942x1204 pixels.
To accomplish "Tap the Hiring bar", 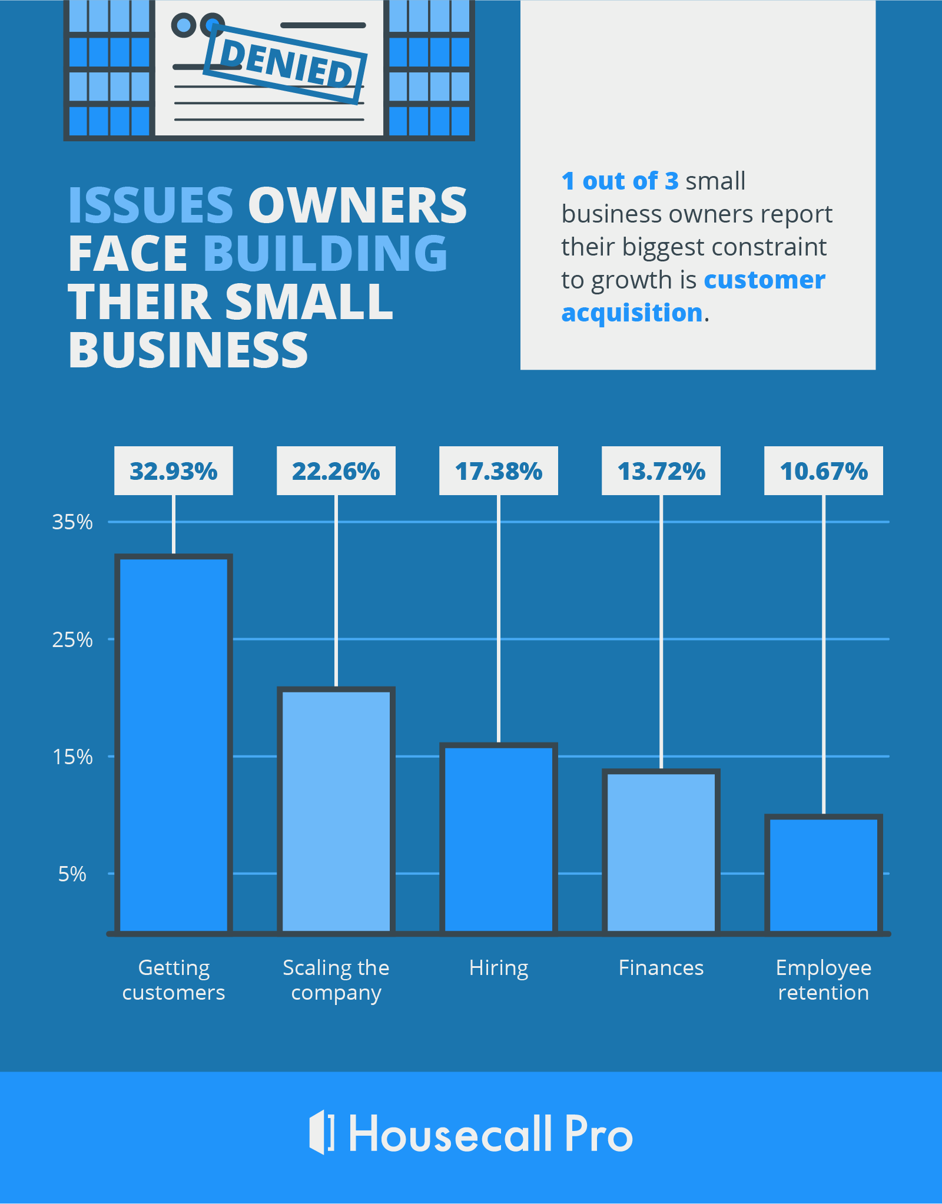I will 499,839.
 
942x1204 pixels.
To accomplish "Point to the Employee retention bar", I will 824,875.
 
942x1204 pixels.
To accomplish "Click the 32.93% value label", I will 174,471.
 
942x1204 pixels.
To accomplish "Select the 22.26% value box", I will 336,471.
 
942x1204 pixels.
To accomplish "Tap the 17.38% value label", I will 499,471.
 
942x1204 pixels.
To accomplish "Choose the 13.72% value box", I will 661,471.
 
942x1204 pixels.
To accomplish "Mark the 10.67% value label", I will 824,471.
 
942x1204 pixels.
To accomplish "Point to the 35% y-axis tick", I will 72,522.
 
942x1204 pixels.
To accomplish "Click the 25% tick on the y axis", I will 72,639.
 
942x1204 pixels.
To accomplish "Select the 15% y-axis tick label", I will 72,757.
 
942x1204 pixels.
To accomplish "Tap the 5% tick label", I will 72,874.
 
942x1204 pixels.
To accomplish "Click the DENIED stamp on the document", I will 286,64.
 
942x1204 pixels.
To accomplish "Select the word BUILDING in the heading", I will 326,254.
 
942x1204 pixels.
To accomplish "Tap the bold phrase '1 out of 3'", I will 620,181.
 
